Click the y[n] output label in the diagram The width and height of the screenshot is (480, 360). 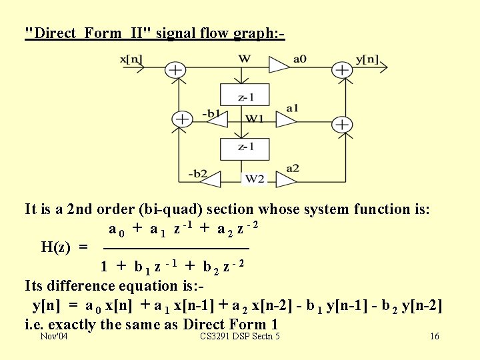(367, 60)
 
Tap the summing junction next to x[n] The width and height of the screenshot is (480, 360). (175, 69)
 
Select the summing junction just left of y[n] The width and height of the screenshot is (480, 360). (341, 69)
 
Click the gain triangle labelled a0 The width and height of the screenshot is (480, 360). (277, 65)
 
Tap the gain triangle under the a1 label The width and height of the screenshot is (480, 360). (286, 119)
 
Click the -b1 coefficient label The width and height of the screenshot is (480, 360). (211, 113)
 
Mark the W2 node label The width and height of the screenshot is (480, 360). (255, 178)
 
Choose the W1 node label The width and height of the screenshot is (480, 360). (255, 119)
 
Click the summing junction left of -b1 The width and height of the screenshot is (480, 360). (181, 119)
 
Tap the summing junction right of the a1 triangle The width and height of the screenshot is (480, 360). (341, 124)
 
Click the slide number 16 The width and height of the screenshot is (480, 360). (435, 336)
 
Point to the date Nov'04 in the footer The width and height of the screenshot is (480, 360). (53, 336)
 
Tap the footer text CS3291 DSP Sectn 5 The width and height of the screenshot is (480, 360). (240, 336)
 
